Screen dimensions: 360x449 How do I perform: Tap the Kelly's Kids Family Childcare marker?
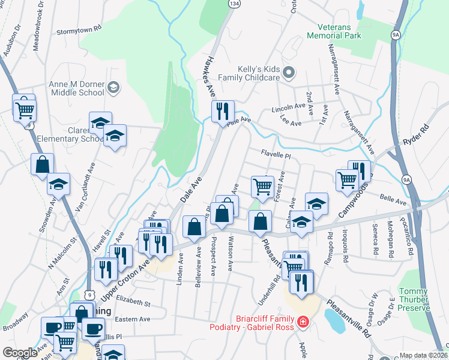tap(288, 73)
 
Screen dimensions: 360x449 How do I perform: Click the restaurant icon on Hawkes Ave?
tap(222, 110)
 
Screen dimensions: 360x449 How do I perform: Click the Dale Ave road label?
tap(191, 188)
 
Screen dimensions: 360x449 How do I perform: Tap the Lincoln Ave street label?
tap(289, 109)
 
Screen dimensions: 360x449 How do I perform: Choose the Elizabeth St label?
tap(133, 301)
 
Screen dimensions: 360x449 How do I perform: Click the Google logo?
tap(20, 352)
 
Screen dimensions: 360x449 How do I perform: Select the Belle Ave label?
tap(393, 199)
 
